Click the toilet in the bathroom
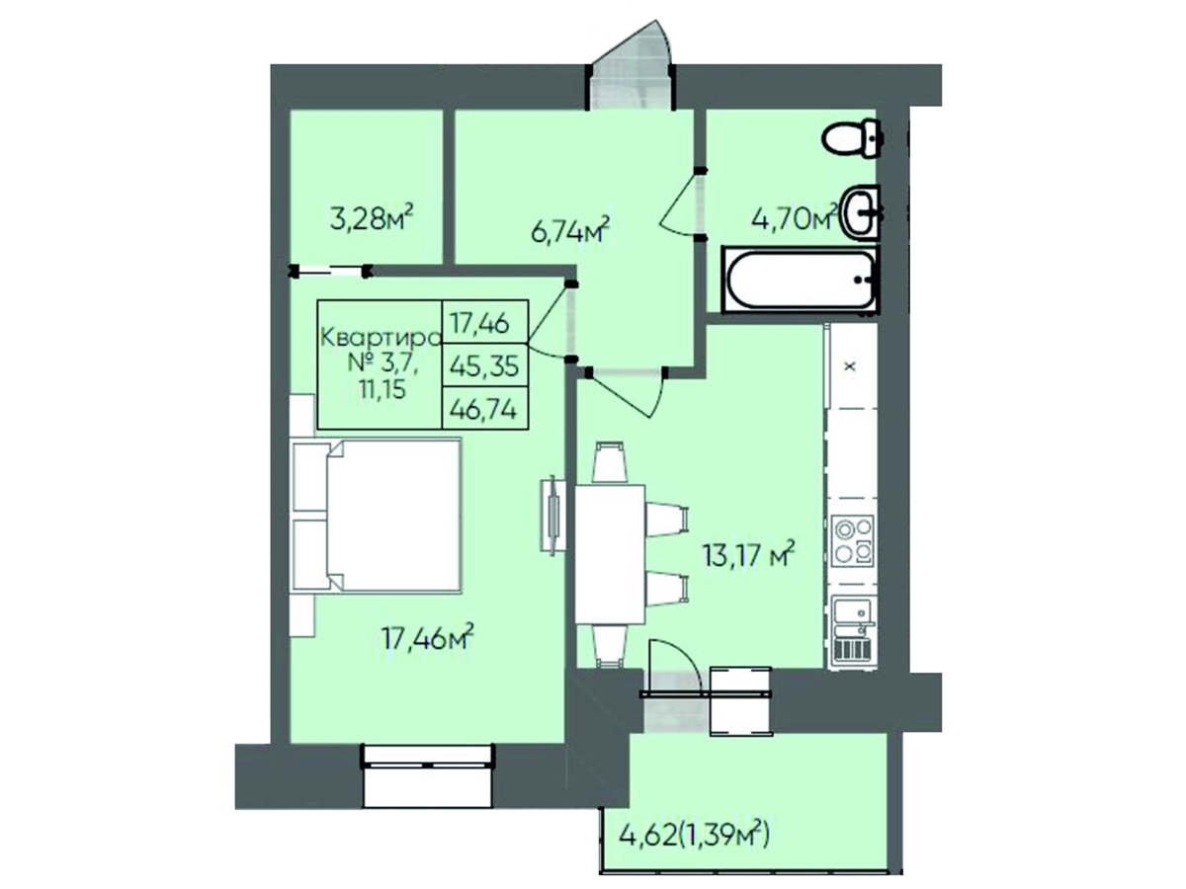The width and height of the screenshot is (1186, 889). pos(852,138)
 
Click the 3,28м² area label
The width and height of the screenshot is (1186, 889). pos(372,218)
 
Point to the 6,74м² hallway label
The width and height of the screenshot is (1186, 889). pos(570,230)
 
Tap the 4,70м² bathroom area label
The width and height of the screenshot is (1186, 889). pos(795,217)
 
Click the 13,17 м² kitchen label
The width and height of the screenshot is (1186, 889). pos(748,554)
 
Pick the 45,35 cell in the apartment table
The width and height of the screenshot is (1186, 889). pos(484,365)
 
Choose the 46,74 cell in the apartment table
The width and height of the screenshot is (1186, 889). pos(484,409)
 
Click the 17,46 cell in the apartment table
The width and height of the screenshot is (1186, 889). pos(484,323)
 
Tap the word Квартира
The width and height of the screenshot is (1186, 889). pos(381,338)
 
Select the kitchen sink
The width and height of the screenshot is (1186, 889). pos(853,629)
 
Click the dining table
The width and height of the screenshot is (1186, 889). pos(610,554)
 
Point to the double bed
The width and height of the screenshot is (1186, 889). pos(378,516)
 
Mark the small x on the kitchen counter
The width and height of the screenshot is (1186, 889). pos(851,366)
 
